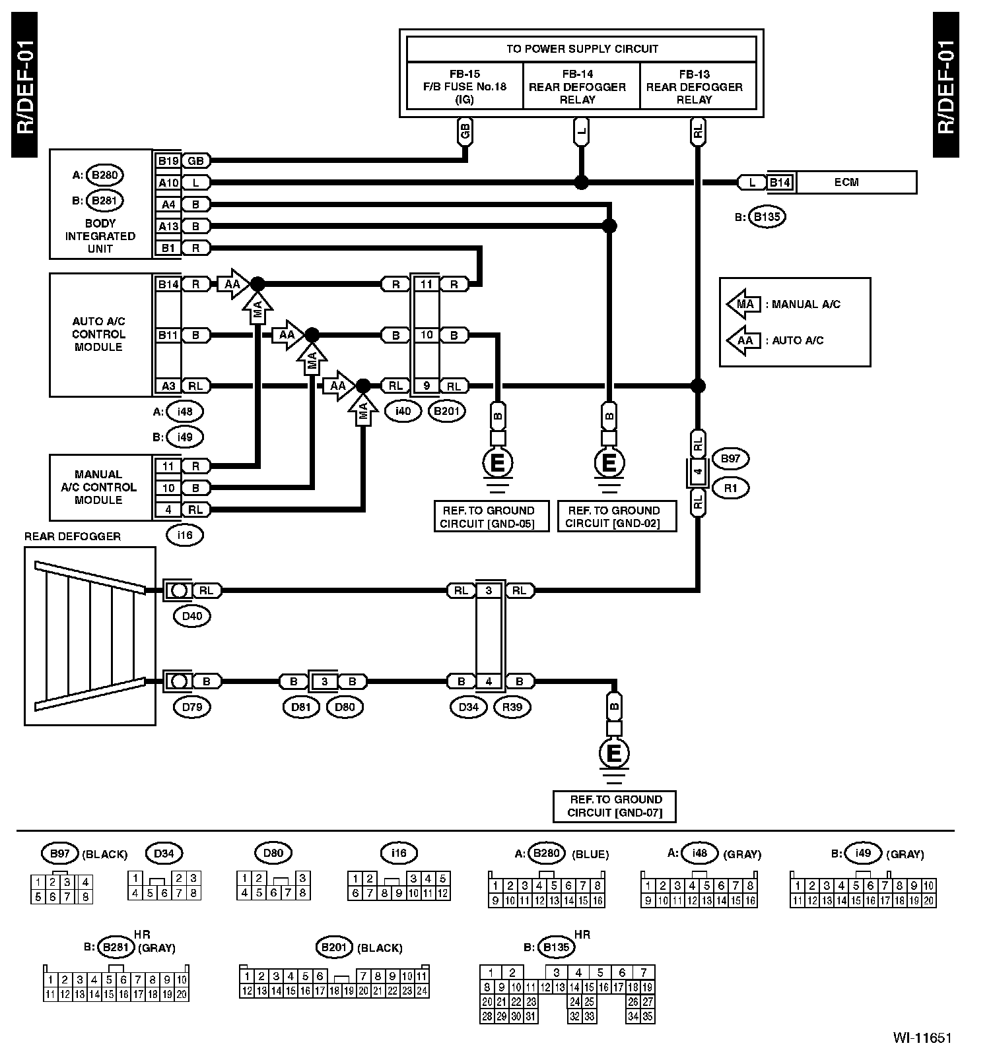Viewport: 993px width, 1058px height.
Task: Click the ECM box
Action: [x=856, y=182]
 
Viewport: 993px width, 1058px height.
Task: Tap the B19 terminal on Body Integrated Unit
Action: [x=168, y=160]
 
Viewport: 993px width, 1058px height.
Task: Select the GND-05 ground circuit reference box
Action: [x=492, y=516]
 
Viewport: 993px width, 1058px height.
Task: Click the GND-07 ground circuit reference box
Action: [x=615, y=806]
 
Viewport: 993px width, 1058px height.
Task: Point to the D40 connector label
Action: [x=192, y=616]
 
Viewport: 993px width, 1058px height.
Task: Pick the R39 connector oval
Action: [x=512, y=707]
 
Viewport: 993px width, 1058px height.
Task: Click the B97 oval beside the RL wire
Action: [x=730, y=458]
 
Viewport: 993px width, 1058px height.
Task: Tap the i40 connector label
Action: [x=403, y=411]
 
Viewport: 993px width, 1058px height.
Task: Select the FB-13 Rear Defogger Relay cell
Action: [x=698, y=86]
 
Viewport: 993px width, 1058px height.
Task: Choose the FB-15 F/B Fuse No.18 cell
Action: [x=465, y=86]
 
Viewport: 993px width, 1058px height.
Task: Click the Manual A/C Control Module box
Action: [x=101, y=487]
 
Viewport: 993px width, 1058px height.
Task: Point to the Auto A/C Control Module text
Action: [x=98, y=334]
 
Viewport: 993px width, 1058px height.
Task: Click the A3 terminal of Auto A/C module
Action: [x=168, y=386]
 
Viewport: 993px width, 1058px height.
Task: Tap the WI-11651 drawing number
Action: [x=922, y=1037]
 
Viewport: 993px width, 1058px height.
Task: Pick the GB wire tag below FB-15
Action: [x=465, y=131]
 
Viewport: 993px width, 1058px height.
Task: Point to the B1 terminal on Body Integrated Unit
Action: [x=168, y=248]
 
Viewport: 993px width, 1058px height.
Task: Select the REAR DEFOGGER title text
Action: [x=73, y=536]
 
